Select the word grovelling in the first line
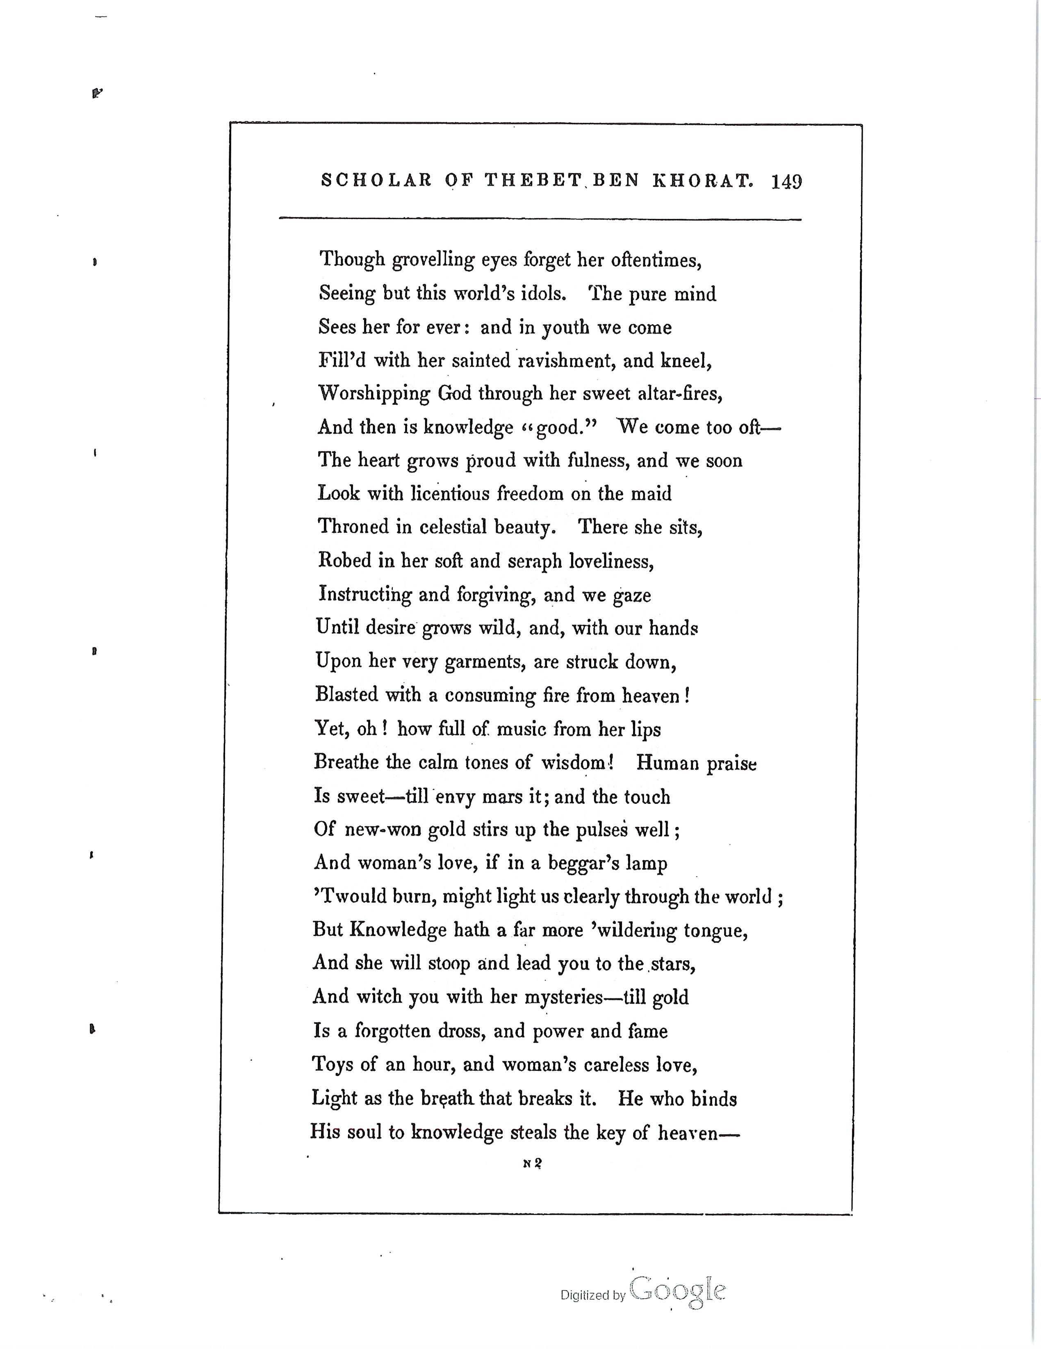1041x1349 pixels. (x=433, y=260)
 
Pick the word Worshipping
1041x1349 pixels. (x=374, y=395)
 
